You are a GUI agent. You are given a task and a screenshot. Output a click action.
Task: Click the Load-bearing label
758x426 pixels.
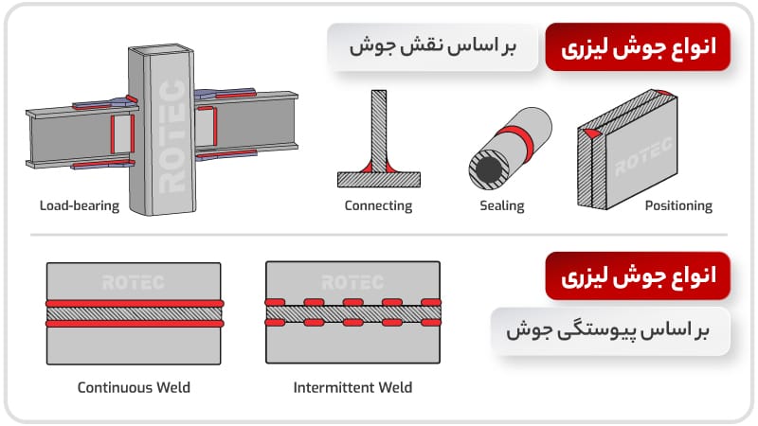point(80,205)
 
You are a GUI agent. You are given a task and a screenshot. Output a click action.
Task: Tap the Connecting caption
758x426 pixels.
point(378,205)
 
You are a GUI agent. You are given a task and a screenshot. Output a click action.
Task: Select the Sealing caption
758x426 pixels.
point(502,205)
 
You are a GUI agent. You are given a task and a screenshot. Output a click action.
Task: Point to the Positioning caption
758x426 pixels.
point(677,205)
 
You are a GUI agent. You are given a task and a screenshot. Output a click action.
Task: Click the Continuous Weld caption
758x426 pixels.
point(134,387)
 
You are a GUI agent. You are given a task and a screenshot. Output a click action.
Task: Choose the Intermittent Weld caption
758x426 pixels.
point(352,387)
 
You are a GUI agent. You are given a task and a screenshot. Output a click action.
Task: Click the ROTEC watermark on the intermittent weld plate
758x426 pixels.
point(352,282)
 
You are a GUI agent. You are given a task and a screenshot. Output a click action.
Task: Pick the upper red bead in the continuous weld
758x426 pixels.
point(134,303)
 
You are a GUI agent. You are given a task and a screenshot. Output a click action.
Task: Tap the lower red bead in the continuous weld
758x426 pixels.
point(134,323)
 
